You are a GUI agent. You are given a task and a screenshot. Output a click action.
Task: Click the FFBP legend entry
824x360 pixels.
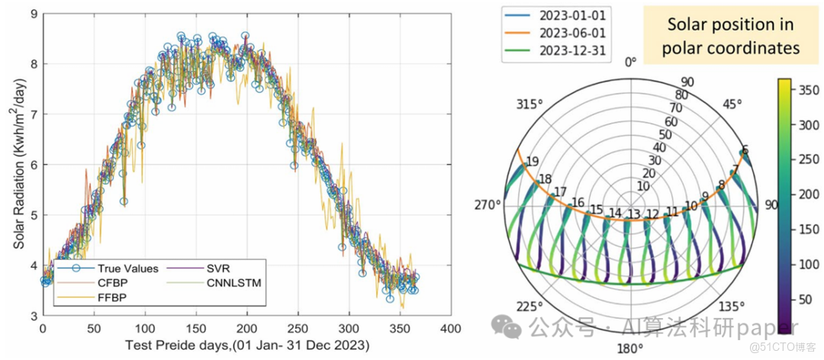coord(111,296)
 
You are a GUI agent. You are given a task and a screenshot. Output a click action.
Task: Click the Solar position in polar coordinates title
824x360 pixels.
coord(730,36)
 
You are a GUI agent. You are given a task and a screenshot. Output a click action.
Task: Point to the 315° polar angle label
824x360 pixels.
coord(533,104)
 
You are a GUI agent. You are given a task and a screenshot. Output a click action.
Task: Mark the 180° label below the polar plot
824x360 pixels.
coord(630,348)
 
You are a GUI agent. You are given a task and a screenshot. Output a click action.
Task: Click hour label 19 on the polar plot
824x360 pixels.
coord(532,161)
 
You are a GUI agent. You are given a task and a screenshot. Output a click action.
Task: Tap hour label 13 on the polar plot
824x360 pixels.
coord(632,214)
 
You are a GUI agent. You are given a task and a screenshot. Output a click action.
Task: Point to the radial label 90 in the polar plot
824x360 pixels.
coord(687,82)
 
